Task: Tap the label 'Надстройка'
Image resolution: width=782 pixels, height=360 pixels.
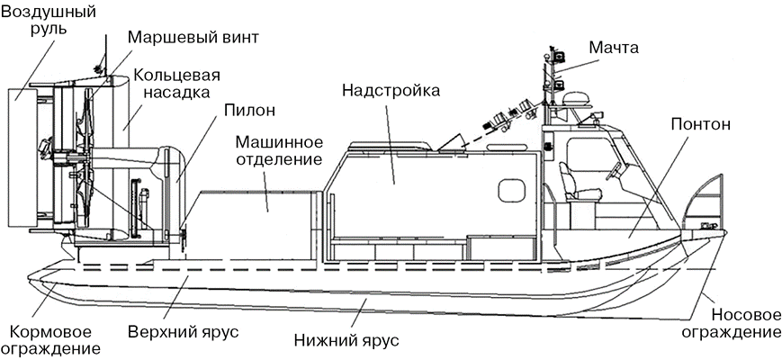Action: [389, 91]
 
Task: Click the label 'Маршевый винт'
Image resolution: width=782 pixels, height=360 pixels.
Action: [193, 39]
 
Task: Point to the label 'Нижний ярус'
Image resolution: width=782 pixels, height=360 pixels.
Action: [346, 341]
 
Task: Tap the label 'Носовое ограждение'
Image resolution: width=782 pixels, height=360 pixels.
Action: [745, 324]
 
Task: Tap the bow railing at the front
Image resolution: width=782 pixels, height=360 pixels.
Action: [706, 202]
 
